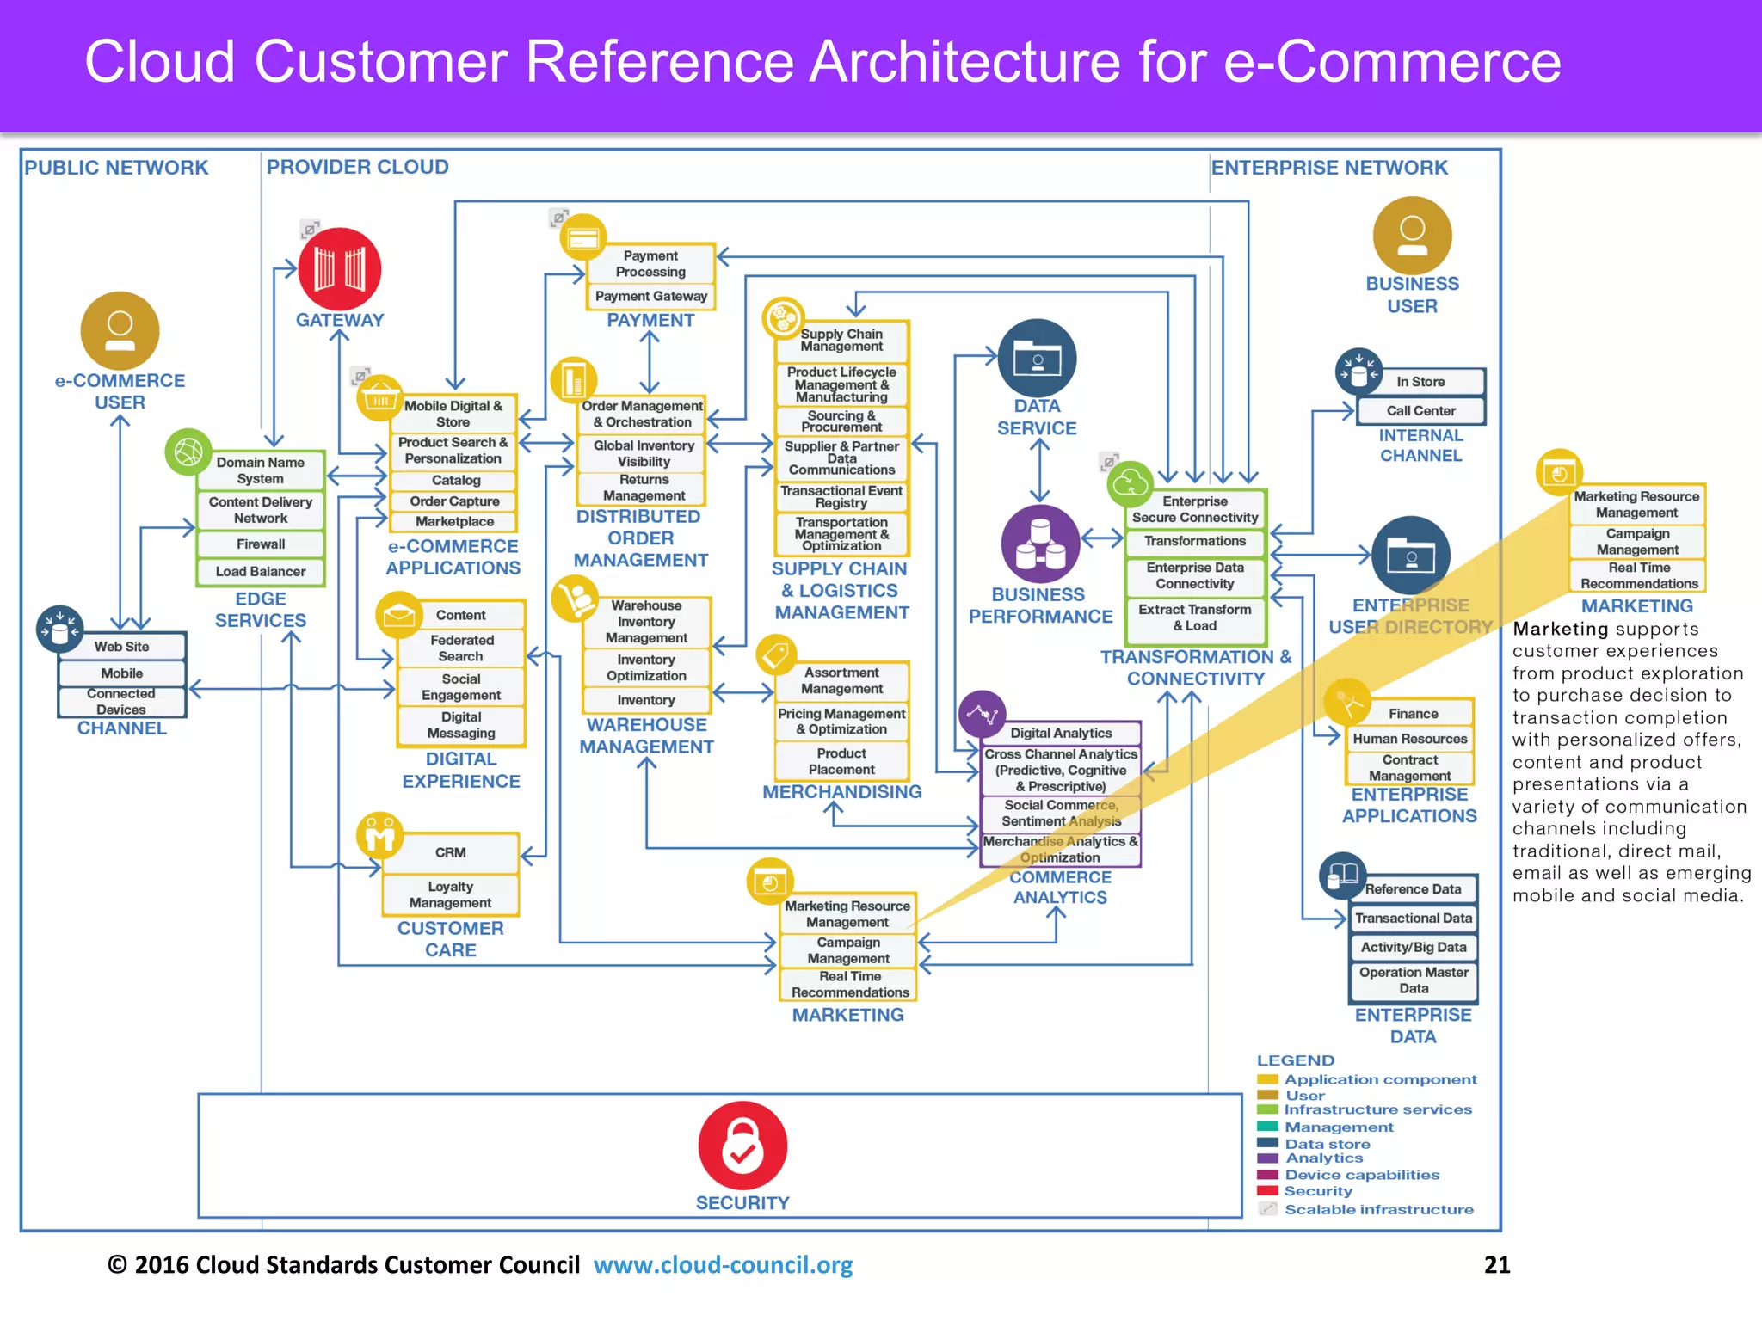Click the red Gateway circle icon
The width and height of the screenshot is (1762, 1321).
pos(340,268)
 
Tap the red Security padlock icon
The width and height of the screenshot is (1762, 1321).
pos(742,1146)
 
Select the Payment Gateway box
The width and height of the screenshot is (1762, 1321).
pos(650,296)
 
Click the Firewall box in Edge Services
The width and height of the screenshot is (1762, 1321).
pos(261,544)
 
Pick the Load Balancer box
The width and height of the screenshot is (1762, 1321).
pos(261,572)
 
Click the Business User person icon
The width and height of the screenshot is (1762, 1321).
pos(1412,236)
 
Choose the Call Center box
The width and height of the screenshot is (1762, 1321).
pos(1420,411)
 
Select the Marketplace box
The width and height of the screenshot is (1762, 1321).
pos(454,522)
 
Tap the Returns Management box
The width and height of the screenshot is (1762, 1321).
pos(643,488)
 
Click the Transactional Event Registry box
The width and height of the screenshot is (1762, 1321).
pos(841,496)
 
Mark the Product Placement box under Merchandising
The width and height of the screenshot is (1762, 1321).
pos(841,761)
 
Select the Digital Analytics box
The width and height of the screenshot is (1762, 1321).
pos(1061,733)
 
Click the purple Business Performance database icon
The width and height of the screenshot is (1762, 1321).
pos(1040,544)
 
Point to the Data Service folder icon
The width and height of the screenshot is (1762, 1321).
pos(1037,358)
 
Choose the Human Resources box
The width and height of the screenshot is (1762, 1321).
pos(1409,739)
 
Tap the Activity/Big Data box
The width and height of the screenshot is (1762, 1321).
pos(1414,947)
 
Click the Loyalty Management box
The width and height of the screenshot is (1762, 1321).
pos(450,894)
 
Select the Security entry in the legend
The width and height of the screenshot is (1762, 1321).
pos(1317,1191)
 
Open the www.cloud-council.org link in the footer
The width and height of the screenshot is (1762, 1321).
pos(723,1265)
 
